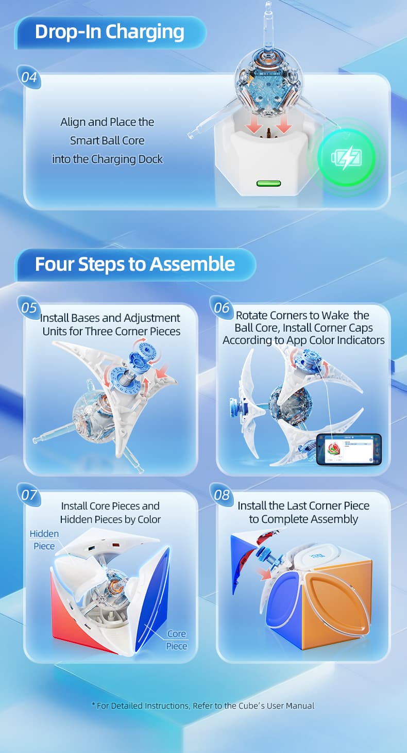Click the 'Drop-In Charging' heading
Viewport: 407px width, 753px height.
[x=109, y=32]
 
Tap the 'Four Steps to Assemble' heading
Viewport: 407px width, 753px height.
[x=134, y=264]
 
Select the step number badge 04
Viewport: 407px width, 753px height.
[x=29, y=77]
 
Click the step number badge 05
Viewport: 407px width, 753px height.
[x=29, y=308]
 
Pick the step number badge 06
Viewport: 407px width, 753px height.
[x=222, y=308]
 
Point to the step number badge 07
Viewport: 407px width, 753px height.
[x=29, y=495]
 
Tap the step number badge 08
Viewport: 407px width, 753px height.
[x=222, y=495]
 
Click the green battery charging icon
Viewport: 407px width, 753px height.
[x=346, y=157]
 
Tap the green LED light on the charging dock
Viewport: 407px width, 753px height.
[x=268, y=183]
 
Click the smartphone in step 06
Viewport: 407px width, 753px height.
[x=348, y=449]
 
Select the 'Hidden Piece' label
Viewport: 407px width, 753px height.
[x=44, y=540]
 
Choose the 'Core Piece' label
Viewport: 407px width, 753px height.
[x=176, y=640]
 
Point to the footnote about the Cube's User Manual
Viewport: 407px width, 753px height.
[x=203, y=706]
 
